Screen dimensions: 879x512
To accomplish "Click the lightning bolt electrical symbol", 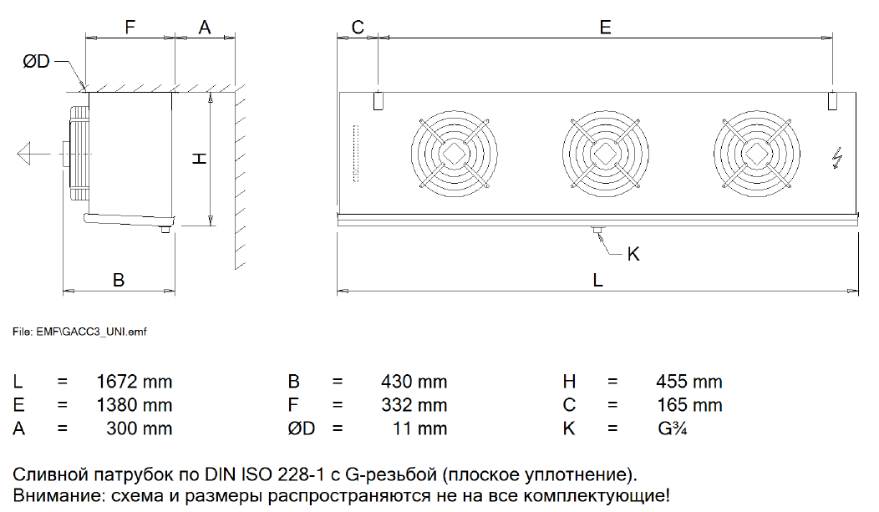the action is pos(837,158).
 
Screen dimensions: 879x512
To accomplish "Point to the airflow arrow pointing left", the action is pos(33,154).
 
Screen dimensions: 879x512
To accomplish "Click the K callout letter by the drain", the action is pos(633,254).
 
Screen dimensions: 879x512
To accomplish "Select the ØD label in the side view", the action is pos(37,61).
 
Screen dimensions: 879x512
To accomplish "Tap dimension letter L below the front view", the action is pos(597,280).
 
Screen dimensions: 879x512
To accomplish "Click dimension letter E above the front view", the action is pos(606,27).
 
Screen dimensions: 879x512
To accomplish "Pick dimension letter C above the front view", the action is pos(358,27).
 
